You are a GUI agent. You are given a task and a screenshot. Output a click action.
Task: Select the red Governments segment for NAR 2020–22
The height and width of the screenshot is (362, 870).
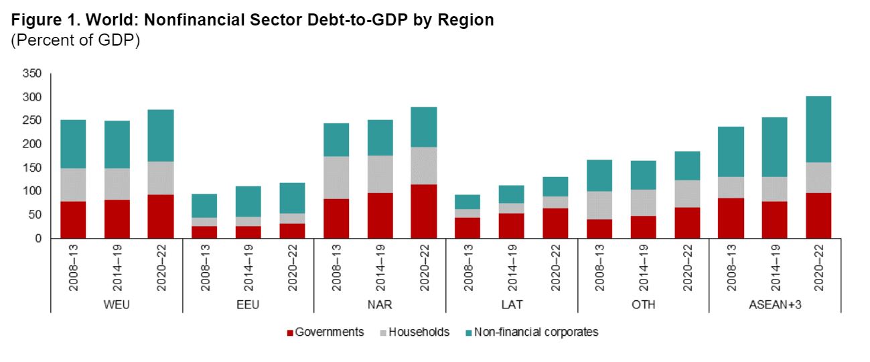tap(423, 211)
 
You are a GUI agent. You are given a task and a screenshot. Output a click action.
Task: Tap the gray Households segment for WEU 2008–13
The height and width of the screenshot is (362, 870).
tap(73, 184)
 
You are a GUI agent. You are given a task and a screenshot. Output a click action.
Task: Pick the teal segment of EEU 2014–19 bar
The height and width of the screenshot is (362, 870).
tap(204, 201)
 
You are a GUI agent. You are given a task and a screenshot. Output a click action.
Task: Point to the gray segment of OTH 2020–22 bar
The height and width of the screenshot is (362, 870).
tap(686, 194)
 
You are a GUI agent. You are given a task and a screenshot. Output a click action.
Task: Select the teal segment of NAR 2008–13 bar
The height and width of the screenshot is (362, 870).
tap(336, 140)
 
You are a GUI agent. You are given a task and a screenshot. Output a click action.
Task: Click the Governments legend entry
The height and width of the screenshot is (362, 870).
tap(325, 332)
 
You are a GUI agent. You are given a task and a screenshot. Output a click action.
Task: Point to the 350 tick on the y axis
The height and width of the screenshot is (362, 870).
tap(33, 74)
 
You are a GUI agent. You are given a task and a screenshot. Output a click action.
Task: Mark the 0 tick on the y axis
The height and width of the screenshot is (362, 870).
tap(38, 239)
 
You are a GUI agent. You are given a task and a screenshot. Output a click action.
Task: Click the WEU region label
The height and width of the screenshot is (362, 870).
tap(117, 304)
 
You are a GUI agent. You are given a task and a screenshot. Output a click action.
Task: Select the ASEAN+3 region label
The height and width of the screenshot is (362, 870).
tap(775, 304)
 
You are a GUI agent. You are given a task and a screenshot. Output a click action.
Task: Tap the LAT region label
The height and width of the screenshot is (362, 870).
tap(512, 304)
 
